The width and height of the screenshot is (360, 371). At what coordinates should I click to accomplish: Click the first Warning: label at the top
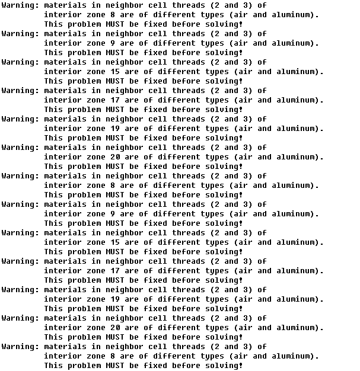[x=20, y=5]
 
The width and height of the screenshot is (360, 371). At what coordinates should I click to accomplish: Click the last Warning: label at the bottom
[x=20, y=347]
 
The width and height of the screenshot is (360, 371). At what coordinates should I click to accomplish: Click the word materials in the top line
[x=65, y=5]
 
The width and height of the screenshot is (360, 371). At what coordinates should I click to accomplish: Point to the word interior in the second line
[x=63, y=15]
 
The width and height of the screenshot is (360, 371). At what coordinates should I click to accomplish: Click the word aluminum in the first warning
[x=295, y=15]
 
